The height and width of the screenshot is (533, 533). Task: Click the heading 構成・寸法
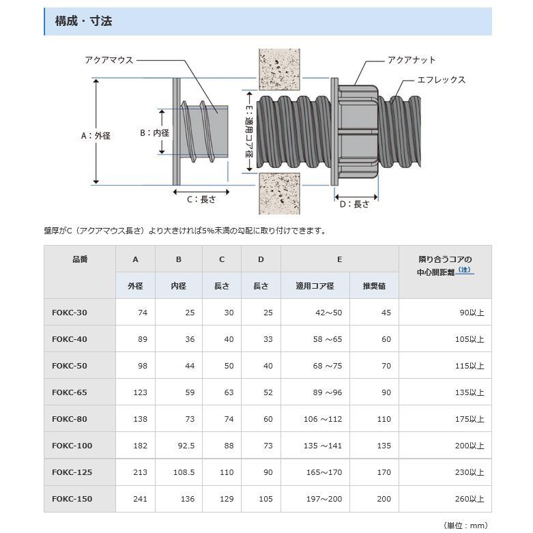coord(84,21)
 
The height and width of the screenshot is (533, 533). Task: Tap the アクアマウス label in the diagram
coord(109,60)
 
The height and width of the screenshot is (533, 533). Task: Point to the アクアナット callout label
coord(412,60)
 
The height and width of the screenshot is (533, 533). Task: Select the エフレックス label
coord(442,80)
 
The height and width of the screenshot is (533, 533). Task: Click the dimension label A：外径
coord(96,136)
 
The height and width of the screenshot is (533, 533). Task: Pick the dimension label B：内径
coord(155,133)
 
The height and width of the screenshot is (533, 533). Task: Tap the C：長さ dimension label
coord(201,199)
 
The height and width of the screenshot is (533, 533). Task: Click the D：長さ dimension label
coord(355,204)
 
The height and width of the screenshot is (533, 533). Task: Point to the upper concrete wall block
coord(279,70)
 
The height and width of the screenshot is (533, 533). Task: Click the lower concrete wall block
coord(279,194)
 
